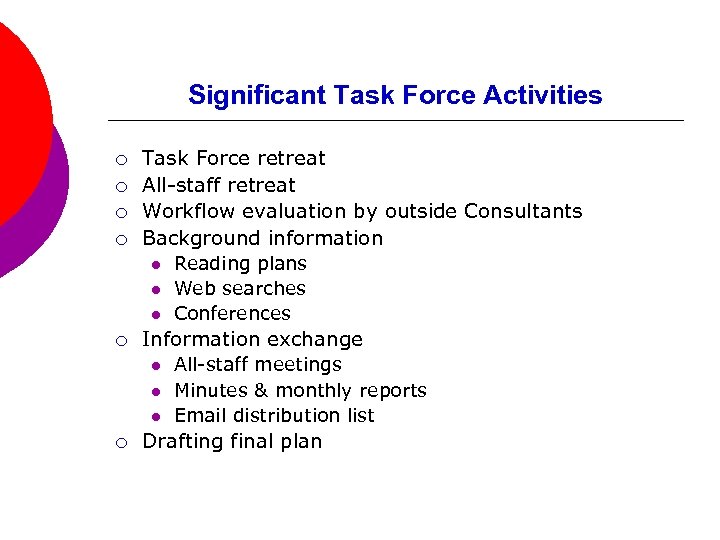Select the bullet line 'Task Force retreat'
click(x=234, y=158)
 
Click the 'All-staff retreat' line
click(x=219, y=185)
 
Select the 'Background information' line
click(x=262, y=238)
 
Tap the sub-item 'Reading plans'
click(x=240, y=264)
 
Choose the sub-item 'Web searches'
click(x=240, y=289)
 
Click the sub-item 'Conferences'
click(x=232, y=314)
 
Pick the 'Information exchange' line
click(x=252, y=339)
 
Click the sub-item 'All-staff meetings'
click(x=257, y=365)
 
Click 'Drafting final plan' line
click(x=232, y=442)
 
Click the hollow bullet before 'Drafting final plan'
click(x=120, y=443)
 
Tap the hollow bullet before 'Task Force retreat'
click(x=120, y=160)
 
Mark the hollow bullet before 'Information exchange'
click(x=120, y=341)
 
